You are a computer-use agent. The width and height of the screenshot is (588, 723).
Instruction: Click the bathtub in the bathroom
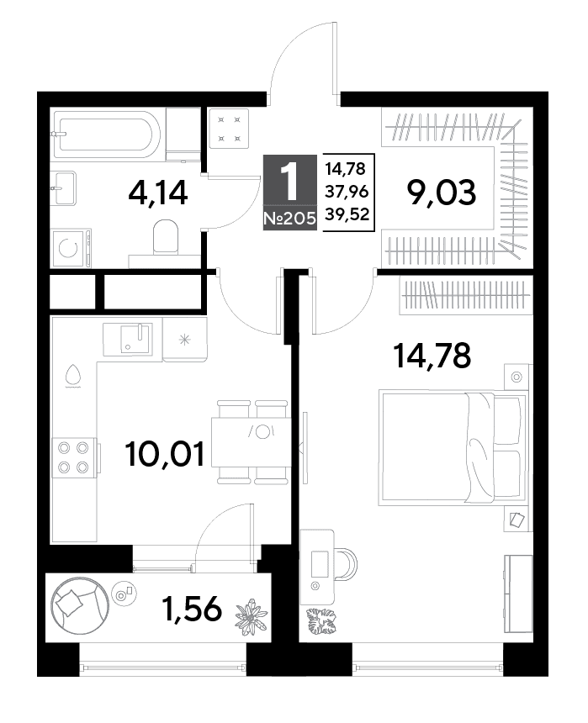coord(105,135)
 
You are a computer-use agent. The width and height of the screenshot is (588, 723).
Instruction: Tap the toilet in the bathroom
coord(165,236)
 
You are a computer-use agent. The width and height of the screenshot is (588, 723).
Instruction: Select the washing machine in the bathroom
coord(70,248)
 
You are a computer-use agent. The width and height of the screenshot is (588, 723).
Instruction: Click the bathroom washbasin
coord(63,188)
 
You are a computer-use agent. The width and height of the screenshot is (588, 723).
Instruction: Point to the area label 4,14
coord(158,193)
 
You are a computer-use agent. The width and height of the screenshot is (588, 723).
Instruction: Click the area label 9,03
coord(441,193)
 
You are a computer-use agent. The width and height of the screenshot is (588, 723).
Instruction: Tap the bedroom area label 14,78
coord(432,356)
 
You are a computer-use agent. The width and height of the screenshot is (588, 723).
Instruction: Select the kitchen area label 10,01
coord(165,453)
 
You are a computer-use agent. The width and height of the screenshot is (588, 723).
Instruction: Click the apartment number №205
coord(290,218)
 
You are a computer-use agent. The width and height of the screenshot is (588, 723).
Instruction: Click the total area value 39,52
coord(347,214)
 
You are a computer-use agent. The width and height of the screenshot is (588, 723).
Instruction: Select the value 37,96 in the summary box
coord(347,191)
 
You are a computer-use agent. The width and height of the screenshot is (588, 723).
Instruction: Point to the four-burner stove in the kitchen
coord(75,459)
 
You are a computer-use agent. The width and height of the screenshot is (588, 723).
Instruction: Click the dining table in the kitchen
coord(251,442)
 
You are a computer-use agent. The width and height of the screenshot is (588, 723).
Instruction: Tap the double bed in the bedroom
coord(453,447)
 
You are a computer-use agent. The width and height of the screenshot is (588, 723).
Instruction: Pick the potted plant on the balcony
coord(251,616)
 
